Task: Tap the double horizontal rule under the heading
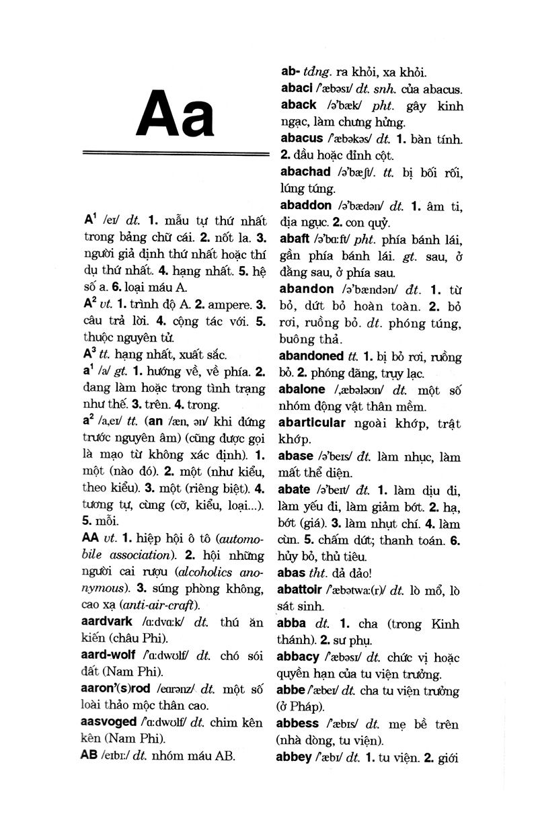[x=175, y=154]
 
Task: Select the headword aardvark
[x=111, y=620]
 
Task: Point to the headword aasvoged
[x=108, y=722]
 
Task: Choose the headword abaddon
[x=305, y=205]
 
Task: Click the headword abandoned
[x=310, y=356]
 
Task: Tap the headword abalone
[x=301, y=389]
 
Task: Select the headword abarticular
[x=311, y=423]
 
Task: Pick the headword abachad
[x=305, y=172]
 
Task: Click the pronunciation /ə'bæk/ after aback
[x=344, y=106]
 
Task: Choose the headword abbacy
[x=298, y=656]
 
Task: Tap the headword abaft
[x=295, y=239]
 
